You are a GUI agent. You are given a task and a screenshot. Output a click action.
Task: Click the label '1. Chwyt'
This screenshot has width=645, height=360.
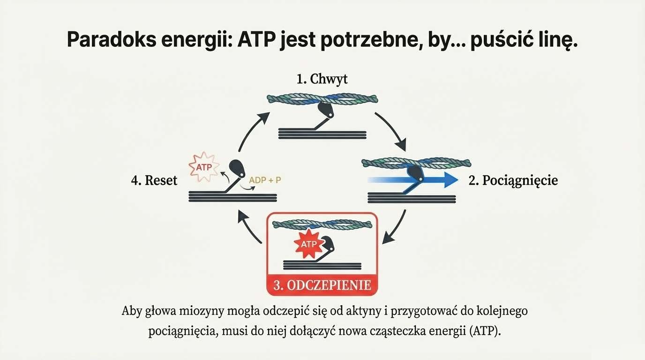click(x=322, y=79)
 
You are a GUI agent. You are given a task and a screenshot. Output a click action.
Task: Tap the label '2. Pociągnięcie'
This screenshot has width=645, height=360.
click(x=513, y=180)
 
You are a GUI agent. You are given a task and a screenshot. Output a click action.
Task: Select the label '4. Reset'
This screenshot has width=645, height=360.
click(x=154, y=180)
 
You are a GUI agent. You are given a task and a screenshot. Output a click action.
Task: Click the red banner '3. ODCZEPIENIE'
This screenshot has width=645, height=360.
click(x=322, y=285)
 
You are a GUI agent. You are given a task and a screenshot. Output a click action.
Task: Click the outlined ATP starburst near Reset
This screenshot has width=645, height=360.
click(x=203, y=166)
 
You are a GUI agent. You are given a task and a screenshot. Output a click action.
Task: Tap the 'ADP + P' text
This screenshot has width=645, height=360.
click(x=265, y=180)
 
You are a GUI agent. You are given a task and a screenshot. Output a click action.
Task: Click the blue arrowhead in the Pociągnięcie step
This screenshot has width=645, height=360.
click(x=450, y=180)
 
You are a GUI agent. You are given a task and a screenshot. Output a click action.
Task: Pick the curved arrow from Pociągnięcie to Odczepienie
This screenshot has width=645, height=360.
click(x=395, y=227)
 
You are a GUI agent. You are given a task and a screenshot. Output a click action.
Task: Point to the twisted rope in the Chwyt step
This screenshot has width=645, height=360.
click(x=322, y=98)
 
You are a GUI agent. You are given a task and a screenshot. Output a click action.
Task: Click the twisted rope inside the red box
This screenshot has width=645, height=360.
click(x=322, y=224)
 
